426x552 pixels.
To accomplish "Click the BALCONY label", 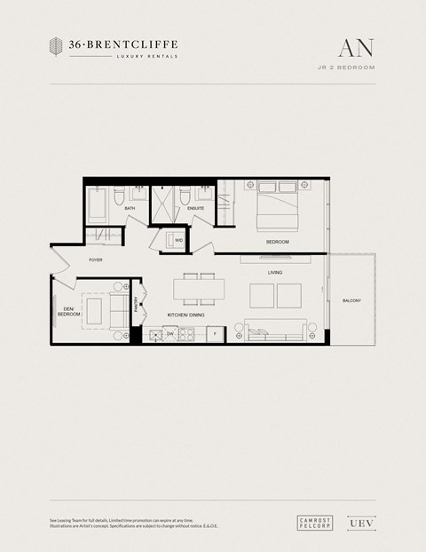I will coord(351,301).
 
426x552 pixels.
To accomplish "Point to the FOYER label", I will coord(96,260).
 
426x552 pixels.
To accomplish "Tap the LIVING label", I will coord(275,273).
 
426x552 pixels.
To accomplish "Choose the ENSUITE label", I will coord(195,209).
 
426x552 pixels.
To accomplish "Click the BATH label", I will coord(130,209).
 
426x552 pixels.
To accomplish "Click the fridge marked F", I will coord(214,333).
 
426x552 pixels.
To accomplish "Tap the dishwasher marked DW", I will coord(170,333).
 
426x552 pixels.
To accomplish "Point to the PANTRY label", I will coord(135,305).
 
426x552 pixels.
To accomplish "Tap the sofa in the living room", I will coord(275,331).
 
